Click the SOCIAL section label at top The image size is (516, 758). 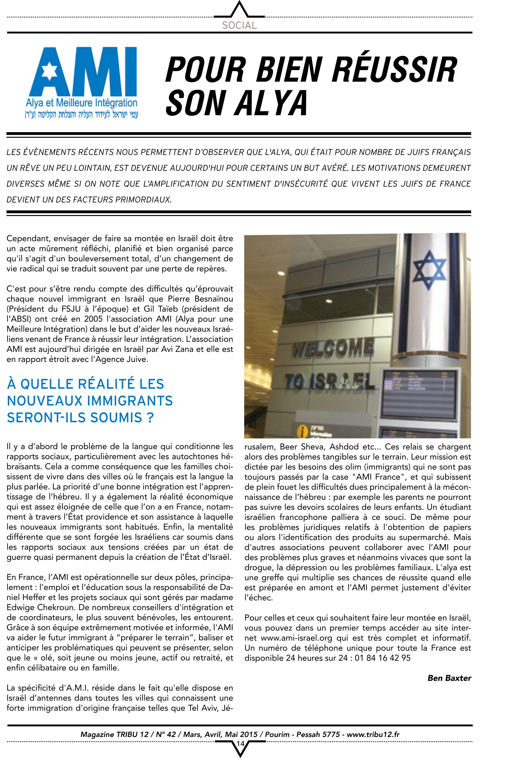point(239,25)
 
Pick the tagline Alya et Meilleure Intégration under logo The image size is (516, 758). point(82,103)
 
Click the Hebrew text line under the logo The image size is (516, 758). point(82,114)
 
